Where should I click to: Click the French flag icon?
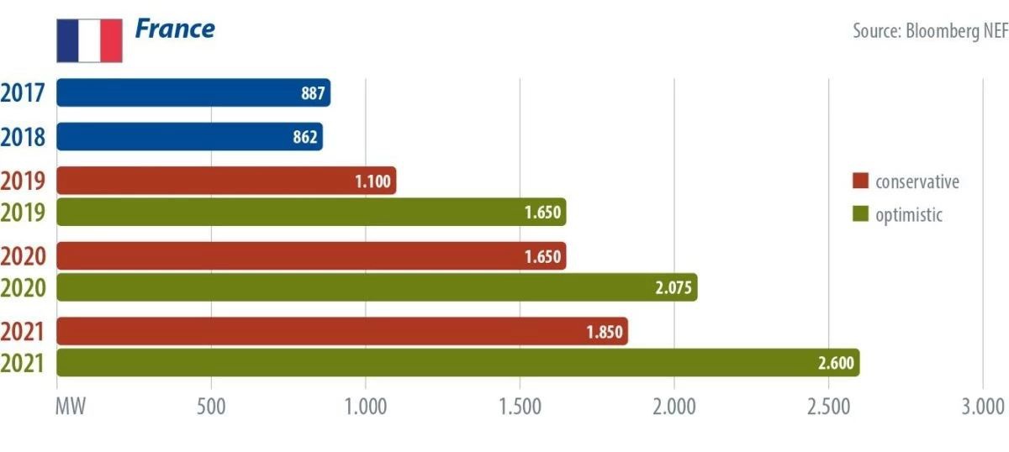tap(89, 40)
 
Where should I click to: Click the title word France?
tap(175, 29)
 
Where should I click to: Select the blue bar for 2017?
tap(193, 93)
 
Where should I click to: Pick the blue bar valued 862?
tap(189, 137)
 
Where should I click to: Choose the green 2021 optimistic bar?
tap(457, 363)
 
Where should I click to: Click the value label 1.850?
tap(605, 332)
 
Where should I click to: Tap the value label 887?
tap(313, 93)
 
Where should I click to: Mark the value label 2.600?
tap(836, 363)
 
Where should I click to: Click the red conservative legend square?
tap(859, 182)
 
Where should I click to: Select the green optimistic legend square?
tap(859, 215)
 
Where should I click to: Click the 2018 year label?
tap(23, 137)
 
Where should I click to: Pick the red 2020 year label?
tap(23, 255)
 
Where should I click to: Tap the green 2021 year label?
tap(23, 364)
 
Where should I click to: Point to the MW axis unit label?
tap(71, 407)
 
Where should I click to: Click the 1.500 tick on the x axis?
tap(520, 407)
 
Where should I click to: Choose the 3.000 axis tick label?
tap(982, 407)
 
